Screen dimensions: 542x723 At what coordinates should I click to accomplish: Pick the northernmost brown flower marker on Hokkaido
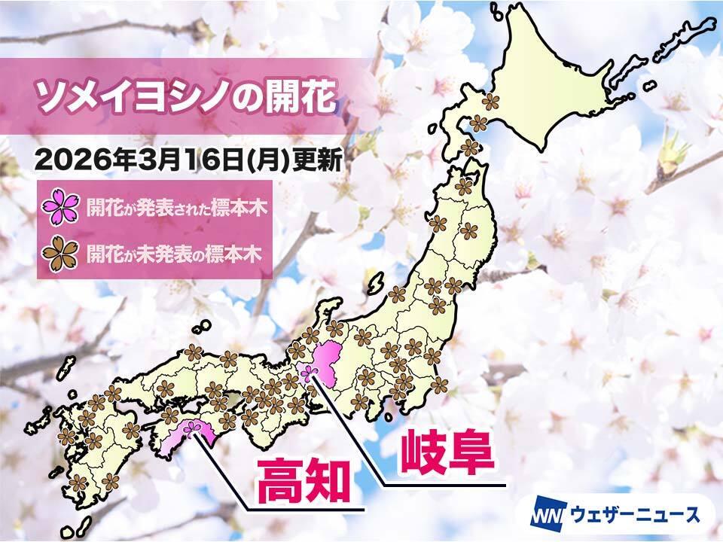491,100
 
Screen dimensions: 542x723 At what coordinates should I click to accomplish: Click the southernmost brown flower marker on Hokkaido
470,148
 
